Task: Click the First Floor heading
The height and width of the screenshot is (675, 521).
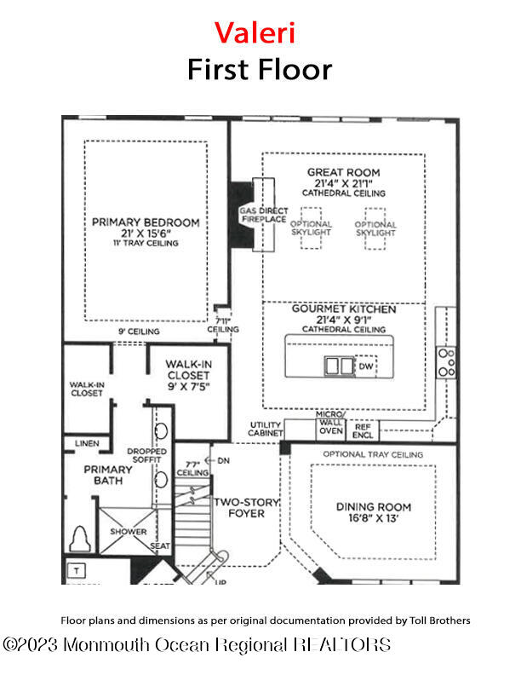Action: click(260, 68)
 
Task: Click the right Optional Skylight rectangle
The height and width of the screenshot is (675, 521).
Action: click(375, 229)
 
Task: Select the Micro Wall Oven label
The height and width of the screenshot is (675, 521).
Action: click(330, 425)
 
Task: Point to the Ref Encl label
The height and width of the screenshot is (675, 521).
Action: click(364, 430)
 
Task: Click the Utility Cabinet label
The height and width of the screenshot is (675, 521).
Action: click(266, 429)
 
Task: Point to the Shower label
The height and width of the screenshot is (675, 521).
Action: click(128, 531)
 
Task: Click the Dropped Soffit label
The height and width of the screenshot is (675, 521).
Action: click(146, 456)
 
